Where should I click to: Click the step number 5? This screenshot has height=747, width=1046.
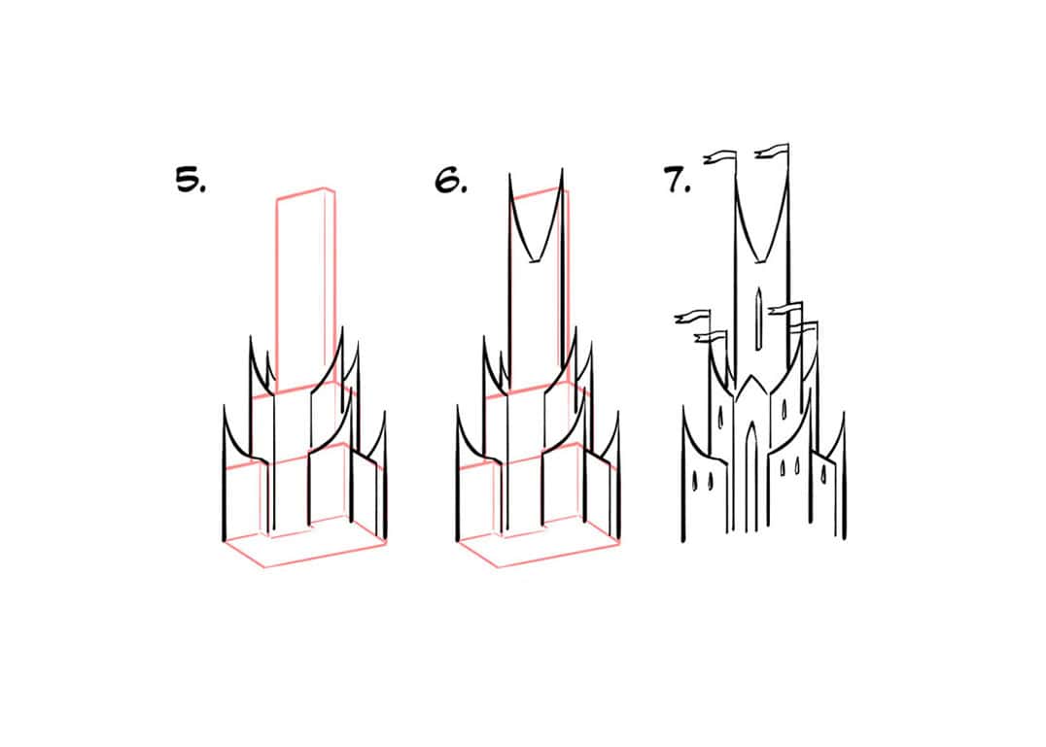point(190,181)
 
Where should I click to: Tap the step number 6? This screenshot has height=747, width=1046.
point(451,181)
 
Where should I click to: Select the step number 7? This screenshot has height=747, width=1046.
point(678,181)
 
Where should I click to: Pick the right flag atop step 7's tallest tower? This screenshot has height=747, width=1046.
point(772,151)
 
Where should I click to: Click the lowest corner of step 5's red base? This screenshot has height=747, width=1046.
point(263,567)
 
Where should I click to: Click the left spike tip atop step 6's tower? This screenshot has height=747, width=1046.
point(509,175)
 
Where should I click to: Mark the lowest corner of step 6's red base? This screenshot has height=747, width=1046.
point(497,567)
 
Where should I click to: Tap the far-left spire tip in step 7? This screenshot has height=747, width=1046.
point(683,408)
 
